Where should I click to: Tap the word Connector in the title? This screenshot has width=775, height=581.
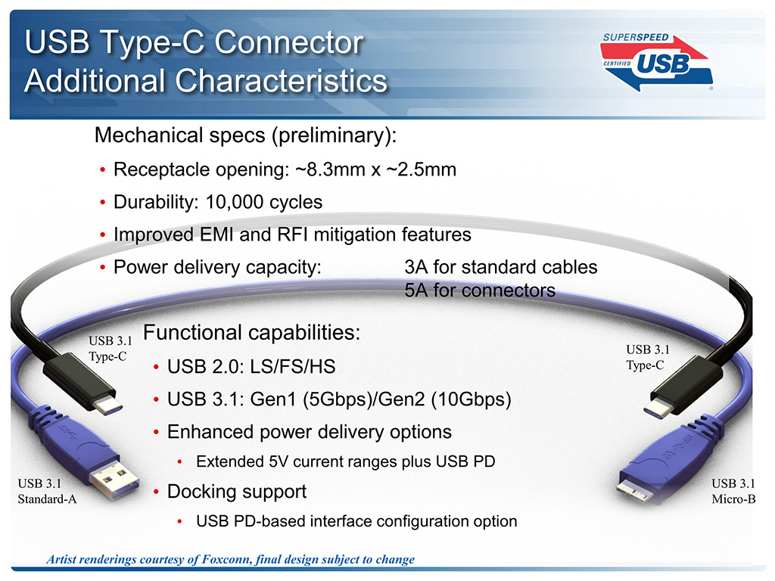289,42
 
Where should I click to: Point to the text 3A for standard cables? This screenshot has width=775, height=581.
501,267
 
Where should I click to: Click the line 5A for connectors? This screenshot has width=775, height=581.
480,290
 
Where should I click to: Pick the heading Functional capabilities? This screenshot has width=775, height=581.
251,333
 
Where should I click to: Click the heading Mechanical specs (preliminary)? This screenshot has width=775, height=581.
245,135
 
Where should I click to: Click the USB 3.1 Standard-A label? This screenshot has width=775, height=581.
48,491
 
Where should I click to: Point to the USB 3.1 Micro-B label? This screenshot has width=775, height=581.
733,491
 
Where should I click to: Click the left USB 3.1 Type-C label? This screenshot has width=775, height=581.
110,348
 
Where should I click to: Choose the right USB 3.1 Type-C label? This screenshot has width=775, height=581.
648,357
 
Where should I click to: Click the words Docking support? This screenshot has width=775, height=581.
237,492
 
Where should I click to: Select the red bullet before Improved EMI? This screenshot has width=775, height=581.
103,235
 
